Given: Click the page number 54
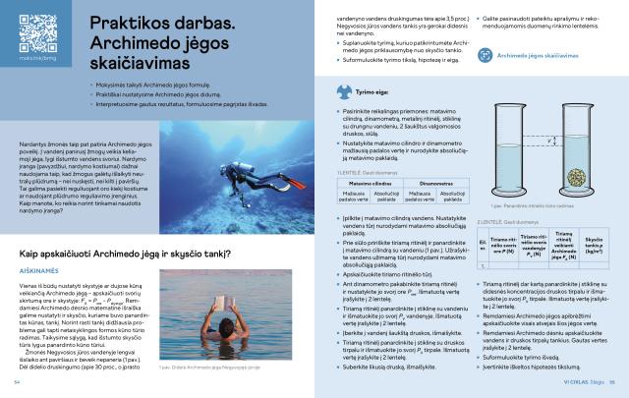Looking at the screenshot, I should (x=18, y=382).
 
